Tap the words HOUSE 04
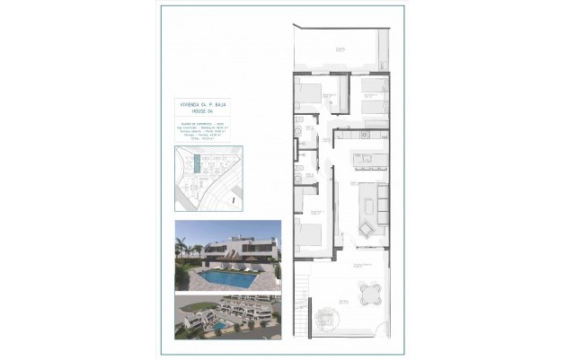(204, 112)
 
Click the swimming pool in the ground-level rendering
(228, 279)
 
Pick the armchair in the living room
(367, 230)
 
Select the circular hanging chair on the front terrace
(326, 317)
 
